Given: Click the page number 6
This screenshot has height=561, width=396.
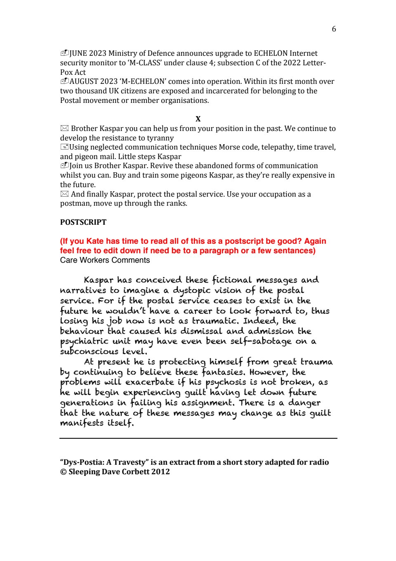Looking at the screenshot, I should [x=334, y=29].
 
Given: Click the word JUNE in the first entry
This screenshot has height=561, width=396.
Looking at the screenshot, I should [x=78, y=53].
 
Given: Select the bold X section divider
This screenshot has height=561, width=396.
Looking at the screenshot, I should [x=198, y=119].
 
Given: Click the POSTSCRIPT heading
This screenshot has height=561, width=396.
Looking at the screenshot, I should [x=83, y=222].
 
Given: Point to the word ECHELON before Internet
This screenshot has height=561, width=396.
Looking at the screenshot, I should [x=271, y=53].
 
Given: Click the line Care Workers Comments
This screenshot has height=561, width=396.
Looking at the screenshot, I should [x=105, y=260].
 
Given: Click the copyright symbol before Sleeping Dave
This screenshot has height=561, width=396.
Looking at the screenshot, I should [x=63, y=472].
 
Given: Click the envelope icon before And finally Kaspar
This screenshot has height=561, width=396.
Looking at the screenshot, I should [x=64, y=194].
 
